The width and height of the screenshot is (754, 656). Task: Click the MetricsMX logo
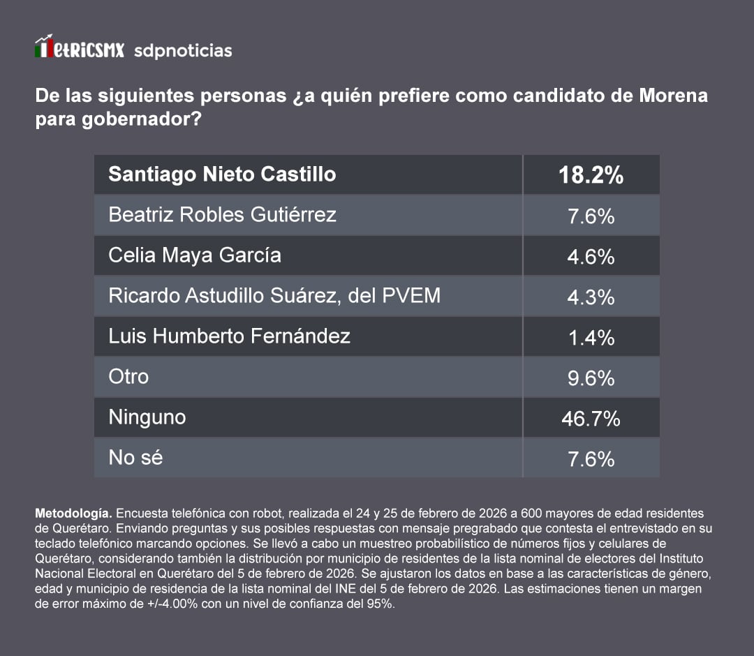click(80, 50)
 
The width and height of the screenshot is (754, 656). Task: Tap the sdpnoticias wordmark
click(182, 51)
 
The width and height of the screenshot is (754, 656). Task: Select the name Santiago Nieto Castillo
click(222, 174)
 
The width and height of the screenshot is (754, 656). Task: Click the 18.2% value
click(591, 175)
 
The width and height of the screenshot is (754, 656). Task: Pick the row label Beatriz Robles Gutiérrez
click(222, 214)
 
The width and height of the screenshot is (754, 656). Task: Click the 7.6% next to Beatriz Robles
click(591, 216)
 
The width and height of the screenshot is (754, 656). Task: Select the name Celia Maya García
click(195, 255)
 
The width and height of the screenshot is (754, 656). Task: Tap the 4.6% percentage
click(591, 257)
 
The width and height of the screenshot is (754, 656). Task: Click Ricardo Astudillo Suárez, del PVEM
click(274, 296)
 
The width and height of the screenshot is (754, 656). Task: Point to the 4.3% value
click(591, 297)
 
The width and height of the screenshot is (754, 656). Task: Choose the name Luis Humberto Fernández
click(229, 336)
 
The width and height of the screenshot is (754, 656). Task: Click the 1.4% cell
click(591, 338)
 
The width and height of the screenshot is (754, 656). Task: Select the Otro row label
click(128, 377)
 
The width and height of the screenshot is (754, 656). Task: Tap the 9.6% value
click(591, 378)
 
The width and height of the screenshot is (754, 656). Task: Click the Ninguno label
click(147, 417)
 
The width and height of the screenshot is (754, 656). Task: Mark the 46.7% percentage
click(591, 419)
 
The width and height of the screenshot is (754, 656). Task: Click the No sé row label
click(135, 458)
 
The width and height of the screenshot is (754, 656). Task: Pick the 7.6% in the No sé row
click(591, 459)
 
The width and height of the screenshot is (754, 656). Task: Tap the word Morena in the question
click(673, 95)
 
